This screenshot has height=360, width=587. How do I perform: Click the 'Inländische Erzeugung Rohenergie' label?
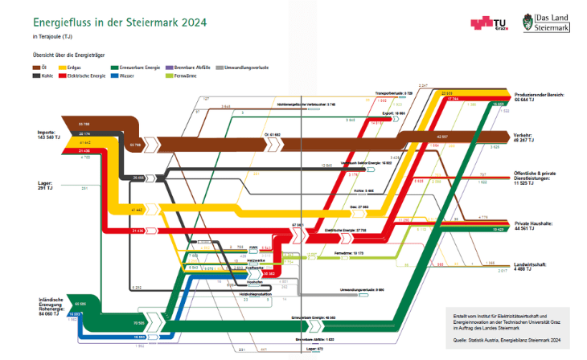(x=56, y=307)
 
